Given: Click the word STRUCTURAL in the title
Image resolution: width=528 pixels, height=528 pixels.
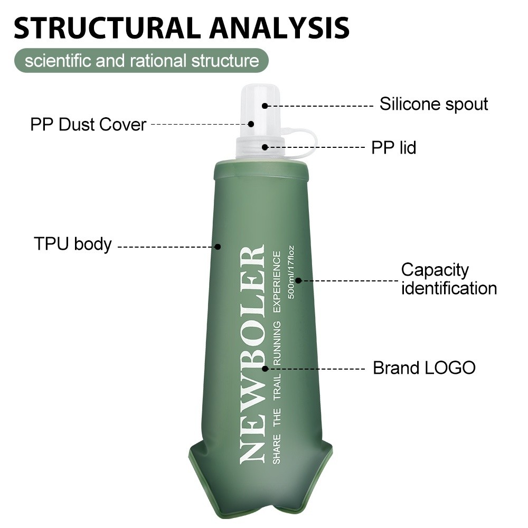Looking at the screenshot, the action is [108, 27].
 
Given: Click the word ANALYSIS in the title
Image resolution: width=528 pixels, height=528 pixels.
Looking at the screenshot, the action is [279, 27].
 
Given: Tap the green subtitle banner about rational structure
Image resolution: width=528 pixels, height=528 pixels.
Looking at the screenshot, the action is [142, 61].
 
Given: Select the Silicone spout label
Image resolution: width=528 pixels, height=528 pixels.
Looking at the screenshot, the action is [433, 104].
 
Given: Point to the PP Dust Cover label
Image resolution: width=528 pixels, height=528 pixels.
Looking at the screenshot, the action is [88, 125].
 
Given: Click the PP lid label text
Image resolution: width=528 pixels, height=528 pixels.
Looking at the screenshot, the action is [394, 147].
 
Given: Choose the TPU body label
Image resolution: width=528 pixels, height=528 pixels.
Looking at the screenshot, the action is [73, 243].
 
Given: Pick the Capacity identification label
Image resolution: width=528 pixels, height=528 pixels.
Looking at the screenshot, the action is [449, 279].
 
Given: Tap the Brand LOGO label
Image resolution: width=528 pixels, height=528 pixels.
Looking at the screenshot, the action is [425, 367].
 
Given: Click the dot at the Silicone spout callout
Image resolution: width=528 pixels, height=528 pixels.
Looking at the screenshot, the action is [265, 106].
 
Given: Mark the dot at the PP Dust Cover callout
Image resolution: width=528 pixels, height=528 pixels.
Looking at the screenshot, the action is [251, 124].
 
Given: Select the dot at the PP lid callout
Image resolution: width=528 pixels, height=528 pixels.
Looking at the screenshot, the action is [265, 147].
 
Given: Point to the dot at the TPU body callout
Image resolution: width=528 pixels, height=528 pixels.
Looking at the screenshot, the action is [218, 247].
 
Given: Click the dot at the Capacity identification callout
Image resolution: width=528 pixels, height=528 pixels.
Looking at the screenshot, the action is [298, 280].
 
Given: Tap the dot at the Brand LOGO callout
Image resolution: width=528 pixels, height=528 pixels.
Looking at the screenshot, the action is [265, 369].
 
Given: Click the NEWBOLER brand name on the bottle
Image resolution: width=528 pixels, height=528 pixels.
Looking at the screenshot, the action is [251, 354].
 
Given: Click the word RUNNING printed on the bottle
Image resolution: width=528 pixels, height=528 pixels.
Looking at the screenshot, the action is [277, 343].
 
